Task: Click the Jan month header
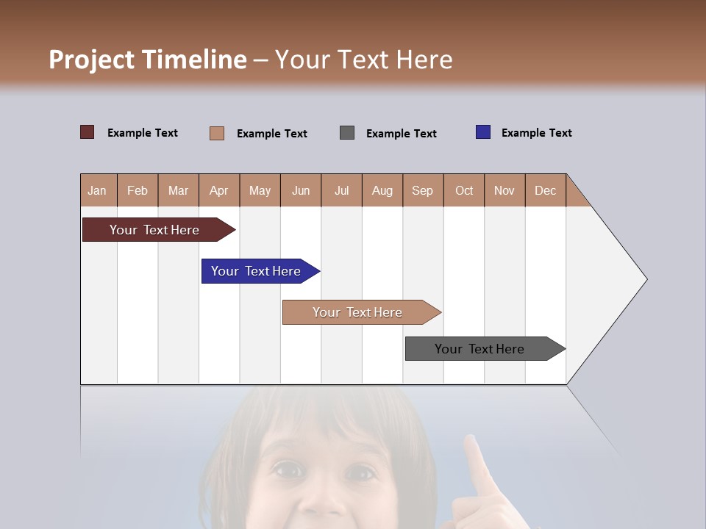(98, 190)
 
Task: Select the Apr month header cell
(219, 190)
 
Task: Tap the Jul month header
(341, 190)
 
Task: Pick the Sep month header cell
(423, 190)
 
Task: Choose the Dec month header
(545, 190)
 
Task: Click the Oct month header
(464, 190)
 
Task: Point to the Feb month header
(138, 190)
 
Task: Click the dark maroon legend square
(88, 132)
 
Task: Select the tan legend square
(217, 133)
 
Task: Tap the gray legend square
(347, 132)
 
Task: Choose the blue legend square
(483, 132)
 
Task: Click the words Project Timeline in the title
(148, 60)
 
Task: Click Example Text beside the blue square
(536, 133)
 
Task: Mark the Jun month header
(301, 190)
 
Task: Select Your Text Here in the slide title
(363, 60)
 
